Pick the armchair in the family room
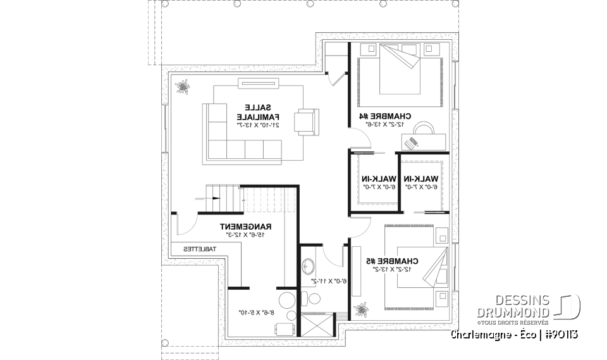(x=307, y=121)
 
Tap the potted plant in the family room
(x=183, y=85)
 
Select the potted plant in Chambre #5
(x=362, y=309)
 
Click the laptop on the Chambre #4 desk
(x=412, y=142)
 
